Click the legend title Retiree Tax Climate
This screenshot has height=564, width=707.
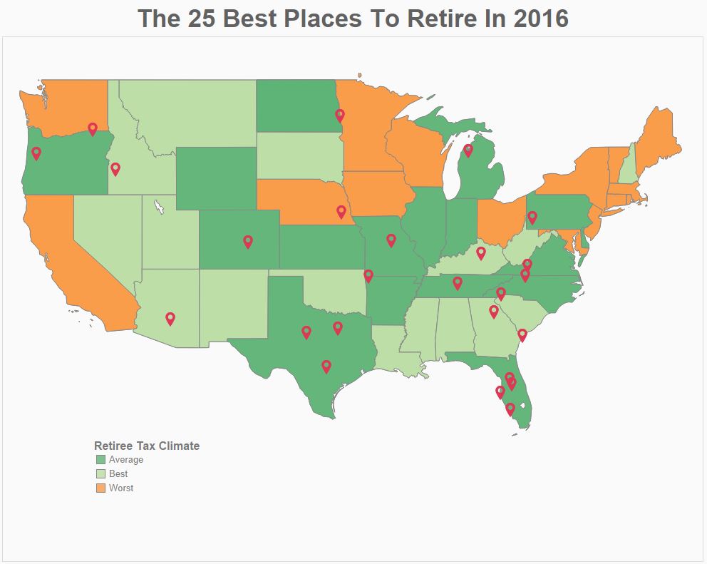(147, 446)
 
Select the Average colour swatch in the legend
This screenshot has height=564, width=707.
(100, 460)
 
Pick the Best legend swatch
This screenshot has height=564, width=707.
(100, 474)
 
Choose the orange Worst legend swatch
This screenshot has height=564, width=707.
(100, 488)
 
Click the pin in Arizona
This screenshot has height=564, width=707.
(170, 318)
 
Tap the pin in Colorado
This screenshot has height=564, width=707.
(248, 241)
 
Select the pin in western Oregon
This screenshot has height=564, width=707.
(36, 153)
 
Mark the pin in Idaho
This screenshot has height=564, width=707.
(115, 168)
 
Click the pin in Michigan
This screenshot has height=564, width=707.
(468, 150)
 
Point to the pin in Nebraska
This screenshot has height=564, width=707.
(341, 210)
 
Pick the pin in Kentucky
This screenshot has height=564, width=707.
(481, 252)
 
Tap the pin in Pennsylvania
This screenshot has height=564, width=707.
(532, 217)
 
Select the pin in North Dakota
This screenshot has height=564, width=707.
(340, 114)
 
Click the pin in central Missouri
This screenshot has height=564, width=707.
(391, 240)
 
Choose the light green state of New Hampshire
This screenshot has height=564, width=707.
(626, 163)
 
